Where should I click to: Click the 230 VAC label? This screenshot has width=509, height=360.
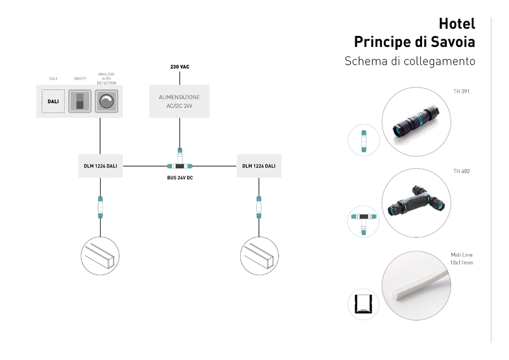click(180, 67)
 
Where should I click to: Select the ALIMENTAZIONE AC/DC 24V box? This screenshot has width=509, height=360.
click(180, 101)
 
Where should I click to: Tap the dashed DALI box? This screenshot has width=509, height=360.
click(53, 101)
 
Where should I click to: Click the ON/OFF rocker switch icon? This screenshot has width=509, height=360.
click(80, 101)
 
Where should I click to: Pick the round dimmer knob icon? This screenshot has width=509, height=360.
click(106, 101)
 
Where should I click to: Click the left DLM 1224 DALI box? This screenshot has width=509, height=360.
click(100, 166)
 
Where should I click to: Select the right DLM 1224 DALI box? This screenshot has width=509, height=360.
click(259, 166)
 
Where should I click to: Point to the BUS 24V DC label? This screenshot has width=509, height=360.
click(180, 178)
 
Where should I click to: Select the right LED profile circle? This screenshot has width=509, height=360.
click(259, 255)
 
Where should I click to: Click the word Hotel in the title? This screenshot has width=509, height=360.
click(456, 23)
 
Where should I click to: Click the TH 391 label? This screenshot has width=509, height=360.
click(461, 91)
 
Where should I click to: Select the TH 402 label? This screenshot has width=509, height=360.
click(461, 171)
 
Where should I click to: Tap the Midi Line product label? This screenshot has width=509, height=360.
click(461, 259)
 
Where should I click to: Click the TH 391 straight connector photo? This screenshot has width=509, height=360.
click(416, 122)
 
